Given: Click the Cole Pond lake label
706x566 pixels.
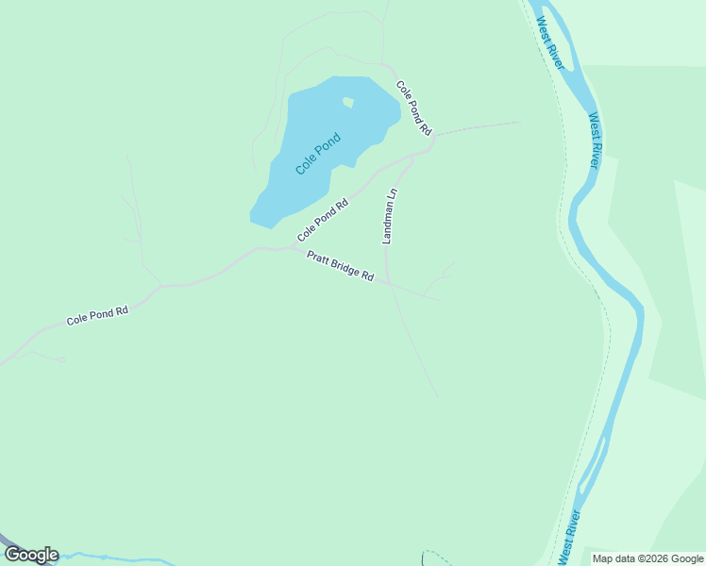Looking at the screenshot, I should pos(317,153).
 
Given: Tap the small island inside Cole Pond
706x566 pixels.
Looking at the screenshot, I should pos(347,102).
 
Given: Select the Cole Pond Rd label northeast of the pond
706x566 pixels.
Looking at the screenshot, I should pos(413,108).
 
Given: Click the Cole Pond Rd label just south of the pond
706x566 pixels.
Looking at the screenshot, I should pos(323,220).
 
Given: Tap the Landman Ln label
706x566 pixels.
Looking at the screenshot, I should pos(390,217).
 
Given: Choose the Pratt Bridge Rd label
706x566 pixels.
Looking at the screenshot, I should pos(341,266).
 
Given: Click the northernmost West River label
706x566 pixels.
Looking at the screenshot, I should pos(550,42).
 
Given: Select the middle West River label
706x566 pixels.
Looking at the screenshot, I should pos(595,141).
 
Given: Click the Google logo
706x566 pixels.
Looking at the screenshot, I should pos(31,555).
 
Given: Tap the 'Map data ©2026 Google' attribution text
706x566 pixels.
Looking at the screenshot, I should pos(647,558).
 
